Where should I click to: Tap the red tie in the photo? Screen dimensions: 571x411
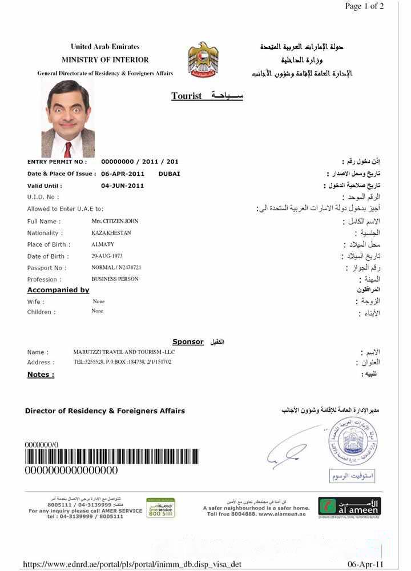coord(68,149)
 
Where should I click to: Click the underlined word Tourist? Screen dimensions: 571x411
coord(187,96)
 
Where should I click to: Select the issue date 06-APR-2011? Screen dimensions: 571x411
coord(123,174)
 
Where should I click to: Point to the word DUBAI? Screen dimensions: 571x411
coord(169,174)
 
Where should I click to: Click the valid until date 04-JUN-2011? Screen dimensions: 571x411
coord(123,186)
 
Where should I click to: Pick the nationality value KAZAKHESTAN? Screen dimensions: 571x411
coord(111,233)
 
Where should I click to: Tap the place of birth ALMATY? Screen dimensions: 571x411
coord(103,244)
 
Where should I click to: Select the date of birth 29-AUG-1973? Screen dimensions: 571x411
coord(107,256)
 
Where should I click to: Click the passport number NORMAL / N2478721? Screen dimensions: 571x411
coord(116,267)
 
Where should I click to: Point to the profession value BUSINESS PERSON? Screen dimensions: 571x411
coord(115,279)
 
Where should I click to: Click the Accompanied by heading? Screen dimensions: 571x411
coord(58,290)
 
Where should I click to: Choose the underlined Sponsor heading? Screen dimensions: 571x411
coord(188,341)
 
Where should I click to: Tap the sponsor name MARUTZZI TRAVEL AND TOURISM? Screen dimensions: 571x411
coord(124,352)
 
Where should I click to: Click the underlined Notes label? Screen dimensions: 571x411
coord(41,375)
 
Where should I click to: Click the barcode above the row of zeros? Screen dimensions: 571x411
coord(111,457)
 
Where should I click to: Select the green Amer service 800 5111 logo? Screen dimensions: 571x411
coord(160,508)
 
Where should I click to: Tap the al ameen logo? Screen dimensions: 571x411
coord(349,506)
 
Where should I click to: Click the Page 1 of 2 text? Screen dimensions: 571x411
coord(364,6)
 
